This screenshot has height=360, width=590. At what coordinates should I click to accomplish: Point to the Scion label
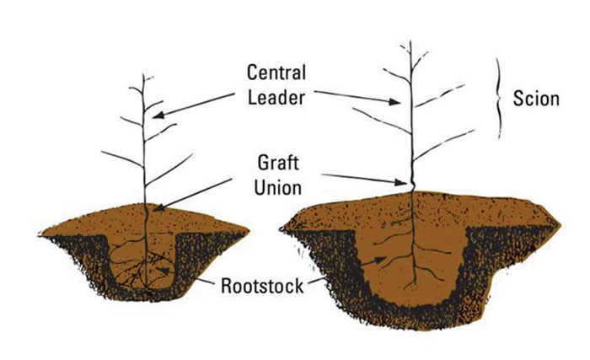pos(535,99)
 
